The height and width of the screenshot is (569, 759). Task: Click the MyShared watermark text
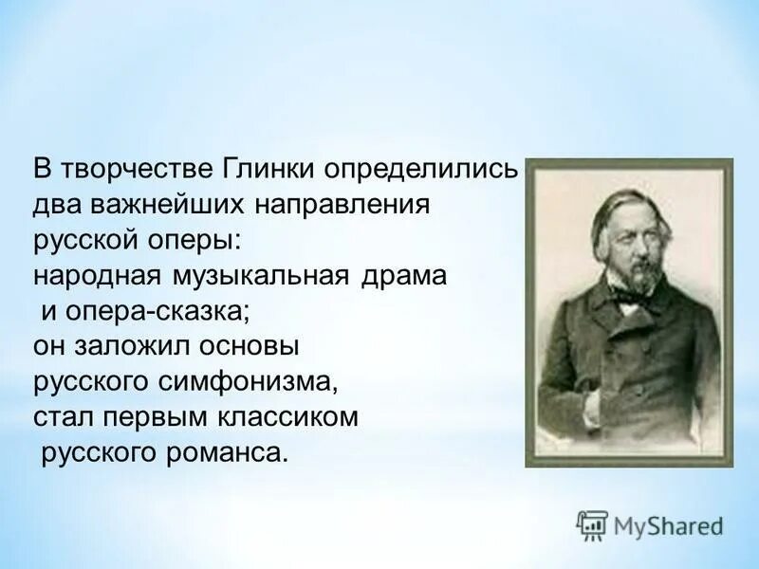pos(667,524)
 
